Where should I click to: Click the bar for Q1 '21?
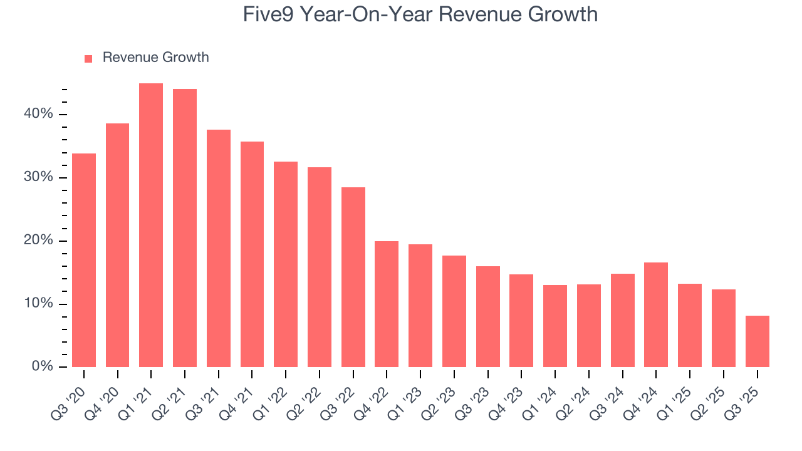[151, 225]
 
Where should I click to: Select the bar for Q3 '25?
[757, 341]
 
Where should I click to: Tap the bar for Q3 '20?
[84, 260]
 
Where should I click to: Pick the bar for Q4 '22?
[387, 304]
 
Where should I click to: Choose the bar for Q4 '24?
[656, 314]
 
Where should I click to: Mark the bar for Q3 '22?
[353, 277]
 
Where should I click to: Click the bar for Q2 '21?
[185, 228]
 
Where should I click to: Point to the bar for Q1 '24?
[555, 326]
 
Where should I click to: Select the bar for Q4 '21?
[252, 254]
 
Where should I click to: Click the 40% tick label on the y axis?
[39, 114]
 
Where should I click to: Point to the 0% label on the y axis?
[43, 366]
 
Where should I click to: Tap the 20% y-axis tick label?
[39, 241]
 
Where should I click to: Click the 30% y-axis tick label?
[39, 177]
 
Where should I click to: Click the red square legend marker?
[88, 58]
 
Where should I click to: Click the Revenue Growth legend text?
[155, 58]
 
